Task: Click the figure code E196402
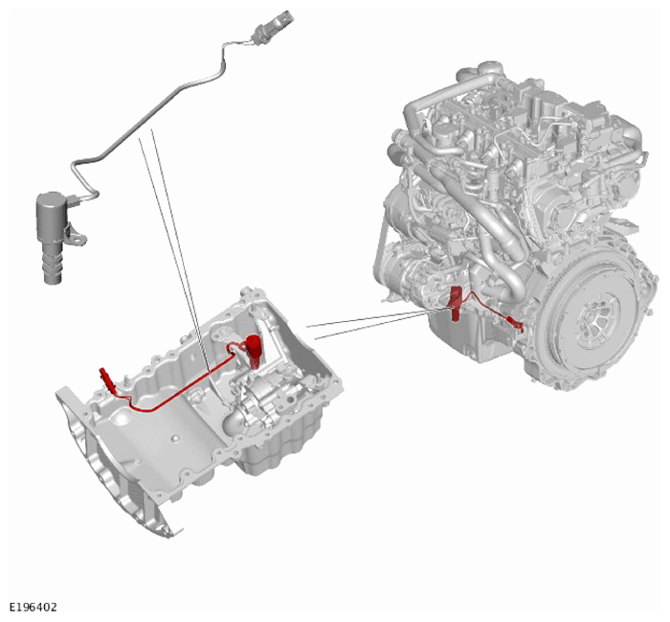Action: (x=33, y=607)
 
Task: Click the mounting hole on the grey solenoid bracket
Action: (x=79, y=240)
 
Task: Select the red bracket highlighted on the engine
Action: (x=455, y=304)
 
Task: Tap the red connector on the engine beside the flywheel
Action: (x=516, y=324)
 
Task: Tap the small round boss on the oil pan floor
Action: (x=174, y=439)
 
